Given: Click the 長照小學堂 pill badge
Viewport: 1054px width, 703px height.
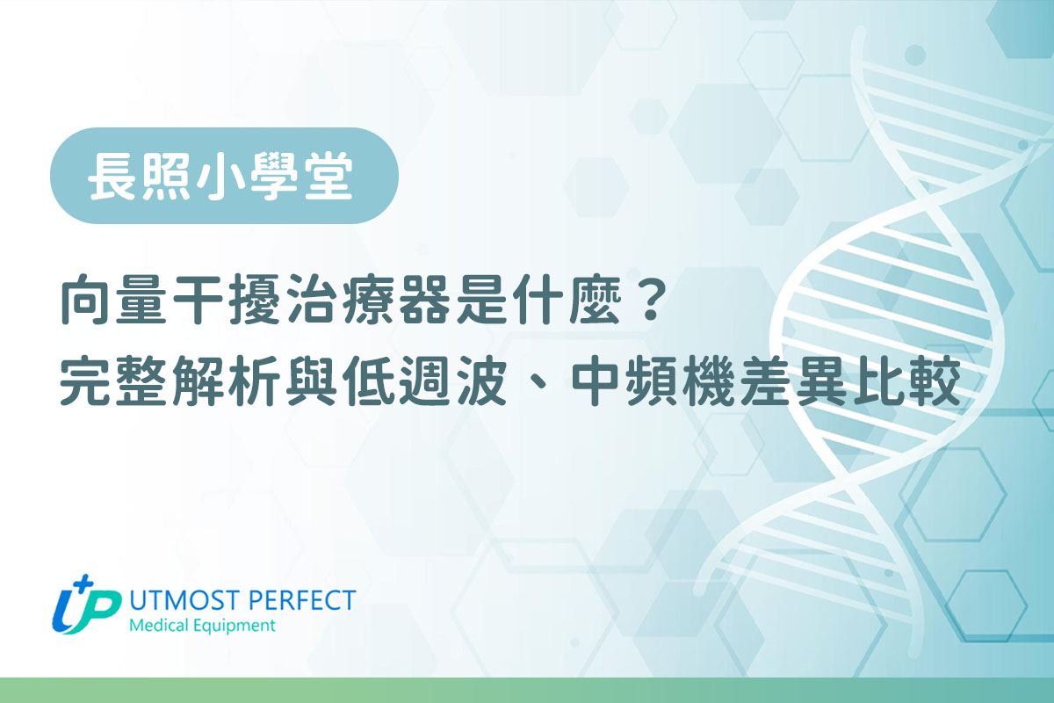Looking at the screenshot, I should pyautogui.click(x=224, y=175).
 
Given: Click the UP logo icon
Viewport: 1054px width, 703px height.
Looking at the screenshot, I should pyautogui.click(x=85, y=606).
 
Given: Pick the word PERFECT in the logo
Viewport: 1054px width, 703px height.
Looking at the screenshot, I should pyautogui.click(x=302, y=600).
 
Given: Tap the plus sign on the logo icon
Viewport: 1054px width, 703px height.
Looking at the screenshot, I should pyautogui.click(x=83, y=583).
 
